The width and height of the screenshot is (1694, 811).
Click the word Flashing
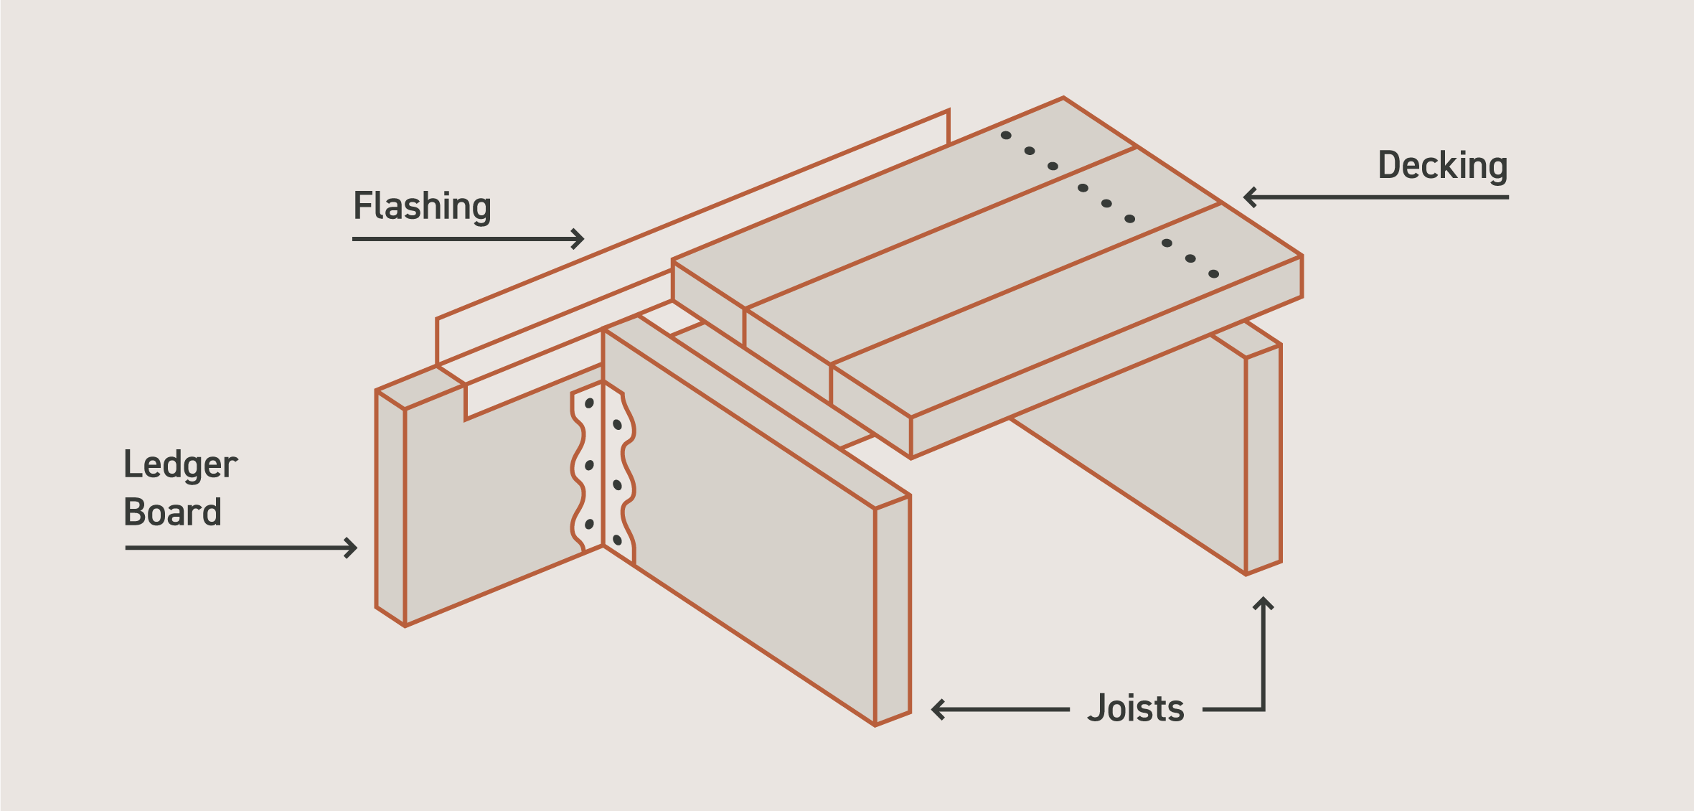pos(422,206)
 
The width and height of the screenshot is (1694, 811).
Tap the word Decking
pos(1442,166)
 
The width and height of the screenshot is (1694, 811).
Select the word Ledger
pos(180,465)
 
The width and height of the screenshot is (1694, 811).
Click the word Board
pos(172,512)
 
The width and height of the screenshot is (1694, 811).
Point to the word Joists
pos(1136,708)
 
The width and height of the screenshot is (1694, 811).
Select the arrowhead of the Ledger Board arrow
pos(352,548)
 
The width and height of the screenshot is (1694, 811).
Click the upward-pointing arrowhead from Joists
pos(1263,603)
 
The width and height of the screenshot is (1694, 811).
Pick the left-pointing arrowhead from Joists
pos(937,709)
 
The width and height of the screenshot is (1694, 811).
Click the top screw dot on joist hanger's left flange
pos(589,403)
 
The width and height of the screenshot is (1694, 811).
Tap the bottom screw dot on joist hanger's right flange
pos(617,540)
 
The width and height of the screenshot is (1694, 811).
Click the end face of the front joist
pos(893,610)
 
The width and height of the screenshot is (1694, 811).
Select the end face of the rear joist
pos(1264,459)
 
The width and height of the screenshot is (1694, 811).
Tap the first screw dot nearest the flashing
pos(1006,135)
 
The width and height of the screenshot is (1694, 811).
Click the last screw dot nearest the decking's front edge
pos(1213,273)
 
